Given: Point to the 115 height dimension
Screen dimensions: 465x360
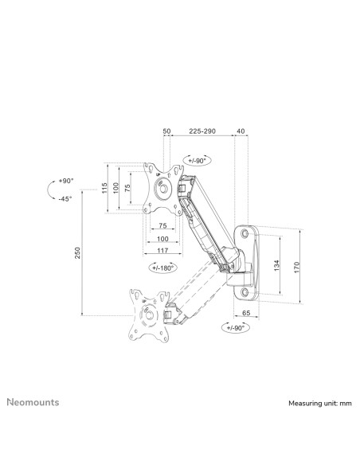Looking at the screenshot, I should [104, 189].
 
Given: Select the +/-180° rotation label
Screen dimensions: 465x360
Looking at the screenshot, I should [162, 268].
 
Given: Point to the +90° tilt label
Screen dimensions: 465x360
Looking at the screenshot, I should [64, 182].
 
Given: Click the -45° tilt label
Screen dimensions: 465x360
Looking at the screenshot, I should [64, 199].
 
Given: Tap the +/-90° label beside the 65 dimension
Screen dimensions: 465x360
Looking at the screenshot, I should [236, 327].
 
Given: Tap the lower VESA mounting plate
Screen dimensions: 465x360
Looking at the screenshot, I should [146, 315].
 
